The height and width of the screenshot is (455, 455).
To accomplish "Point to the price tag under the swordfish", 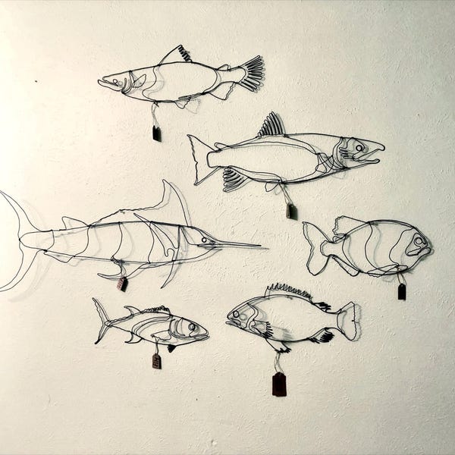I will point(122,284).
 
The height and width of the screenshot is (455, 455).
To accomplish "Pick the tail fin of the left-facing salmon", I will point(250,73).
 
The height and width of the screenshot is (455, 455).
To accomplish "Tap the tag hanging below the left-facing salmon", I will point(156,133).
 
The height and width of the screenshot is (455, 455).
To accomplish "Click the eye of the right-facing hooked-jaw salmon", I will point(358,147).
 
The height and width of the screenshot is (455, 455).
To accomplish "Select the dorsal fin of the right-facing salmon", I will point(271,125).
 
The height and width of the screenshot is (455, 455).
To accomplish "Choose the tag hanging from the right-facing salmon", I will point(291,211).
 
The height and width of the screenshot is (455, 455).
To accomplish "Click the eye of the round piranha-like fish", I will point(418,240).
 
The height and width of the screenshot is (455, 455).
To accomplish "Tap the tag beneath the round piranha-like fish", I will point(401,291).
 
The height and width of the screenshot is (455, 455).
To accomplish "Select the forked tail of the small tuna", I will point(100,319).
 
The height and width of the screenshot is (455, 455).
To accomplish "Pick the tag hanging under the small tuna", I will point(156,361).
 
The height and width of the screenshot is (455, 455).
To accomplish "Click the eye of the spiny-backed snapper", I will point(245,312).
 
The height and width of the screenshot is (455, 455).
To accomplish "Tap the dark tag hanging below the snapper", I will point(279,384).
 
